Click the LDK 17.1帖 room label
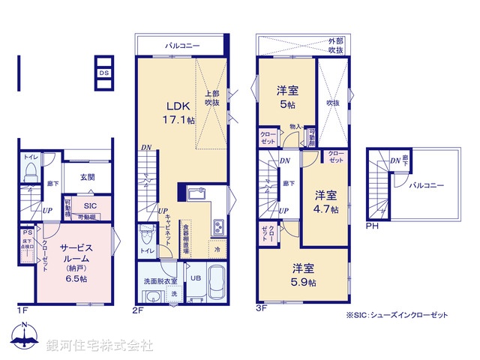pyautogui.click(x=179, y=113)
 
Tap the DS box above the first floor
pyautogui.click(x=105, y=73)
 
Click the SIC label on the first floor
pyautogui.click(x=90, y=205)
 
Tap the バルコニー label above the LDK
pyautogui.click(x=182, y=46)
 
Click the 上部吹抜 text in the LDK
pyautogui.click(x=213, y=97)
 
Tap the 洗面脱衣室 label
pyautogui.click(x=160, y=280)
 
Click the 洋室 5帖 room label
pyautogui.click(x=286, y=97)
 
